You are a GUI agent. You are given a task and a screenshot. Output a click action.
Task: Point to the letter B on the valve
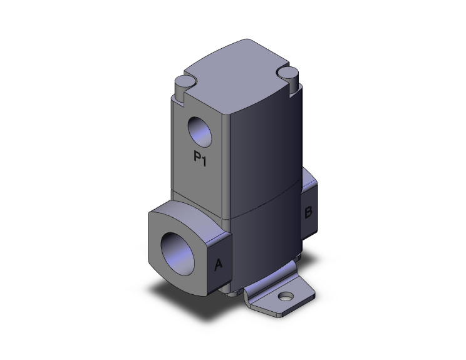click(x=308, y=213)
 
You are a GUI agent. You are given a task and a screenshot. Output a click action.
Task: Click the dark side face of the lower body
click(x=263, y=244)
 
